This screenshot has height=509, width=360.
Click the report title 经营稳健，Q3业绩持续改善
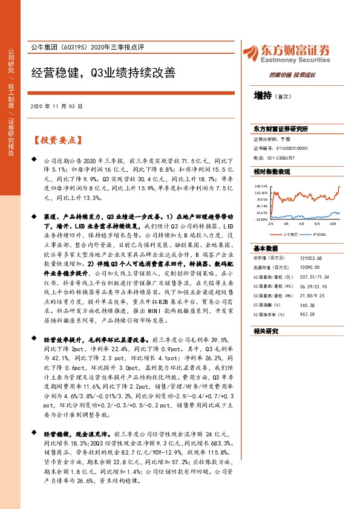[103, 73]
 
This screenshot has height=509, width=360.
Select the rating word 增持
[263, 96]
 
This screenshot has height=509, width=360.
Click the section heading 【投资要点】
[56, 140]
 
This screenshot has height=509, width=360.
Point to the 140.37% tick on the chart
[261, 186]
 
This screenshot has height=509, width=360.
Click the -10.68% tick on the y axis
[261, 219]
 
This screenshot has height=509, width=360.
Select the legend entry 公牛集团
[291, 233]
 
